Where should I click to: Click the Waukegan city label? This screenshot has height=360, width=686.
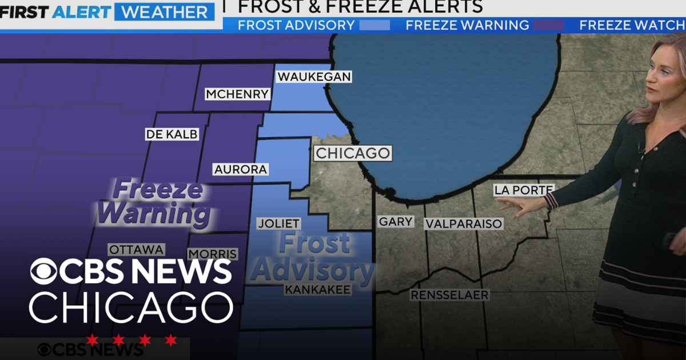click(x=313, y=77)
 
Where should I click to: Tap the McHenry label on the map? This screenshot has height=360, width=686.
click(x=237, y=94)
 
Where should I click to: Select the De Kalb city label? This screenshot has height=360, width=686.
click(x=172, y=134)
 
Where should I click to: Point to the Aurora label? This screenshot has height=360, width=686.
click(x=240, y=169)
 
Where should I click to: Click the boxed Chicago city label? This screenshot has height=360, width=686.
click(x=353, y=153)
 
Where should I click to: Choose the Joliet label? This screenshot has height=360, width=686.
click(x=278, y=223)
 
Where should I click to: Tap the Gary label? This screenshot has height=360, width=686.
click(x=396, y=222)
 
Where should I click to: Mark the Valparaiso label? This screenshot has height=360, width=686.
click(x=464, y=224)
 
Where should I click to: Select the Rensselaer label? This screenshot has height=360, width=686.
click(x=449, y=295)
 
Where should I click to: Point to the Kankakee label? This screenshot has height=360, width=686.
click(x=317, y=290)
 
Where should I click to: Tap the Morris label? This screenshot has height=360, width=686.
click(x=212, y=254)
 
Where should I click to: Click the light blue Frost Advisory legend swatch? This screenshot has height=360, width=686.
click(x=375, y=25)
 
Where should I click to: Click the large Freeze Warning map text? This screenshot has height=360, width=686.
click(x=153, y=202)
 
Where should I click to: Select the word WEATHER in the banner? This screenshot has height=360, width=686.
click(x=165, y=11)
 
